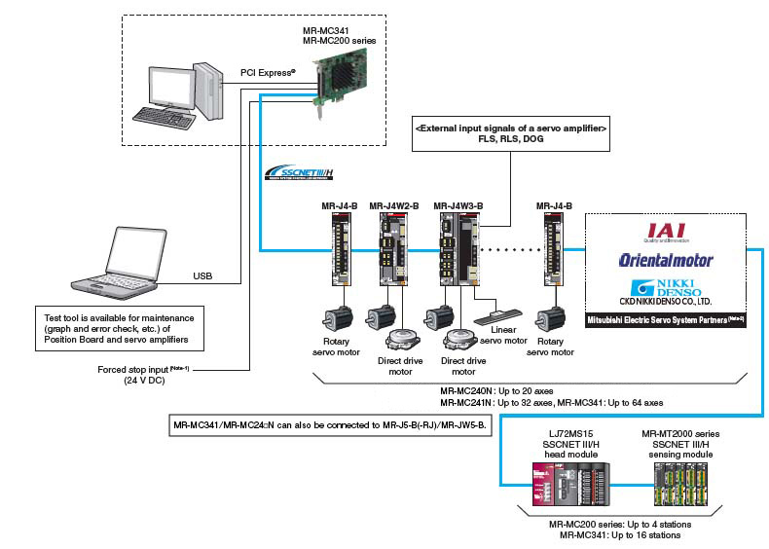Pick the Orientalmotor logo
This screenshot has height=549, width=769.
(x=666, y=260)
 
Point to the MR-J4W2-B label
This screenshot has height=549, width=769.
(x=394, y=205)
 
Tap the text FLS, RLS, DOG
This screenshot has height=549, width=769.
(x=511, y=139)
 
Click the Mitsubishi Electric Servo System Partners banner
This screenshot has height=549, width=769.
(x=666, y=319)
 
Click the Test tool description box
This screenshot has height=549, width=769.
(x=120, y=329)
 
